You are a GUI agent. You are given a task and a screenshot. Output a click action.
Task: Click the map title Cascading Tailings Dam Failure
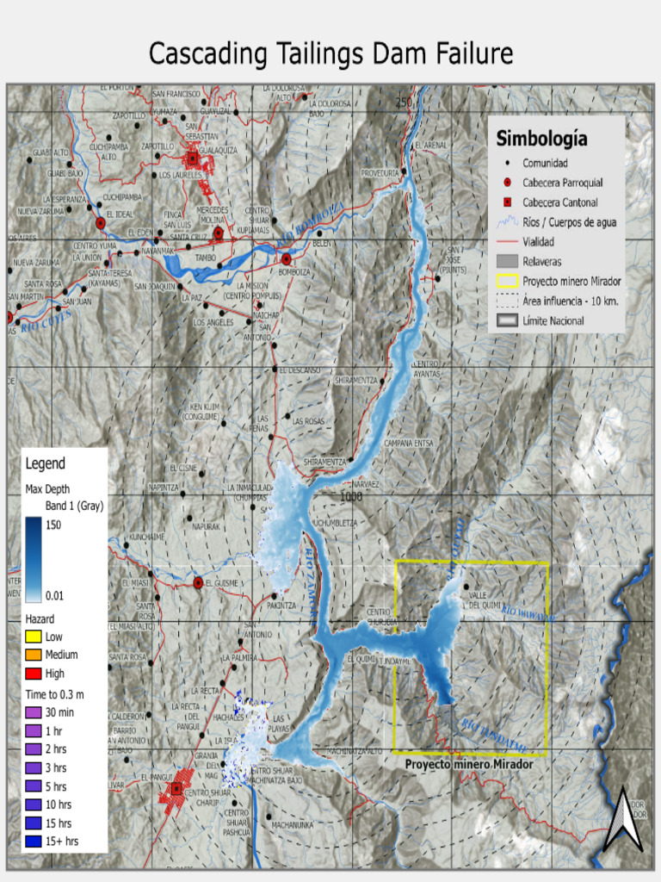(x=330, y=53)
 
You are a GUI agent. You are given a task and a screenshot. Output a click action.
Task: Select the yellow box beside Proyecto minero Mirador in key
(x=507, y=281)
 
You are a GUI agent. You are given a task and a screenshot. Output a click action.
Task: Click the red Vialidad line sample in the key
(x=507, y=242)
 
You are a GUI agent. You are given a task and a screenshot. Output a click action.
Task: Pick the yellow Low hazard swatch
(x=34, y=637)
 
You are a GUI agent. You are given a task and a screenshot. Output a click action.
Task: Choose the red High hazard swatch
(x=34, y=674)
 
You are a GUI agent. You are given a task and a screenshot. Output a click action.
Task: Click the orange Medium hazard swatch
(x=34, y=655)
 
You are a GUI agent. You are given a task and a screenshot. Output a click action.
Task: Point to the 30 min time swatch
(x=34, y=712)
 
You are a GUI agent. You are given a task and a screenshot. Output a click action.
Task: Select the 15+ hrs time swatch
(x=34, y=841)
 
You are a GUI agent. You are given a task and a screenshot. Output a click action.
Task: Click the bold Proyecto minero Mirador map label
(x=469, y=764)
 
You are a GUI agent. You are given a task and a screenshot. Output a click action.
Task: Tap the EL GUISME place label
(x=226, y=583)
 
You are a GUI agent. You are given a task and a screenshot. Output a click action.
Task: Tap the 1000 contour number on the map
(x=351, y=497)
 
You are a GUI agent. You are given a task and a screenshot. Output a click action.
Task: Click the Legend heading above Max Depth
(x=45, y=463)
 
